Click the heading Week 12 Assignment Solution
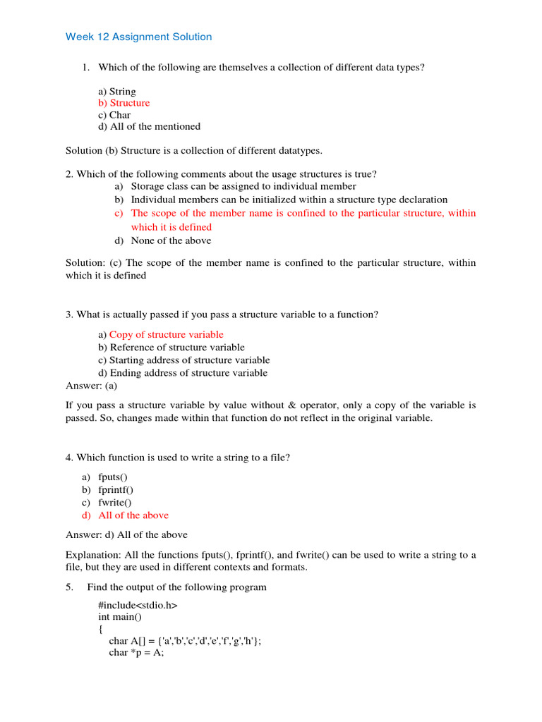pyautogui.click(x=138, y=37)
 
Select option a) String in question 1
pyautogui.click(x=117, y=92)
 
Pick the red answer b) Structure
pyautogui.click(x=124, y=103)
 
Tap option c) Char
pyautogui.click(x=114, y=115)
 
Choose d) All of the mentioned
pyautogui.click(x=150, y=126)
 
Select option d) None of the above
pyautogui.click(x=171, y=240)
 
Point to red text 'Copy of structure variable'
pyautogui.click(x=166, y=334)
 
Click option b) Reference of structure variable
pyautogui.click(x=171, y=347)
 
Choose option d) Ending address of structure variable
pyautogui.click(x=183, y=372)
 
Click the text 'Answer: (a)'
pyautogui.click(x=92, y=385)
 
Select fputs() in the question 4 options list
pyautogui.click(x=113, y=477)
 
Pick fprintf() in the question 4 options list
pyautogui.click(x=116, y=489)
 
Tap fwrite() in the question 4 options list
pyautogui.click(x=115, y=502)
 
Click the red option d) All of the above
pyautogui.click(x=133, y=515)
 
